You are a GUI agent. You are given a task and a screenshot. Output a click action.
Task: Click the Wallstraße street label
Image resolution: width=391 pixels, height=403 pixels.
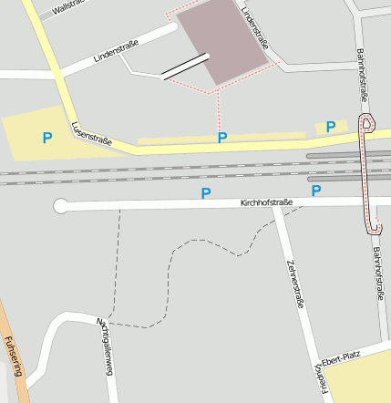[68, 8]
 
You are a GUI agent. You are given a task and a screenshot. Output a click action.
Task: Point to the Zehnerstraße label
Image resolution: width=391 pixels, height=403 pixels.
[294, 282]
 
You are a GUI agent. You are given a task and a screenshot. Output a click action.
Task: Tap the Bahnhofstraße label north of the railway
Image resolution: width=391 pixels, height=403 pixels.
[364, 73]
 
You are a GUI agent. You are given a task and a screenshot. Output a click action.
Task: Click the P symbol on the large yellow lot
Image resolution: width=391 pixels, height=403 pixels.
[47, 138]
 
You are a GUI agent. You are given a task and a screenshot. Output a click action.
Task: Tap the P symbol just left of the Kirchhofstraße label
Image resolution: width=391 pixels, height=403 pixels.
[206, 193]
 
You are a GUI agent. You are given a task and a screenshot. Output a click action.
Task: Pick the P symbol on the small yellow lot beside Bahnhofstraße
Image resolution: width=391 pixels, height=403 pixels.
[331, 127]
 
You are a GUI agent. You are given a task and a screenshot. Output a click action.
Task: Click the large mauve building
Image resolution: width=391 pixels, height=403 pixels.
[223, 41]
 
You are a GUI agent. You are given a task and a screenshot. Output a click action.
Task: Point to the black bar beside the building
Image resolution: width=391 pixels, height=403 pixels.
[186, 67]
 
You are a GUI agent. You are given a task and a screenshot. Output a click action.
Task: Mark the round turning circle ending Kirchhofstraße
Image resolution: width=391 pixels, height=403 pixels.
[62, 206]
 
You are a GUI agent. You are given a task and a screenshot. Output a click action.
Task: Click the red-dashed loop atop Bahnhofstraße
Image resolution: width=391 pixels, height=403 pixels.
[366, 122]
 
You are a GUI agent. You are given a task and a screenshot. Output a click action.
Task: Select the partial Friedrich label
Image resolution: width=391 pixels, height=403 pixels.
[321, 380]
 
